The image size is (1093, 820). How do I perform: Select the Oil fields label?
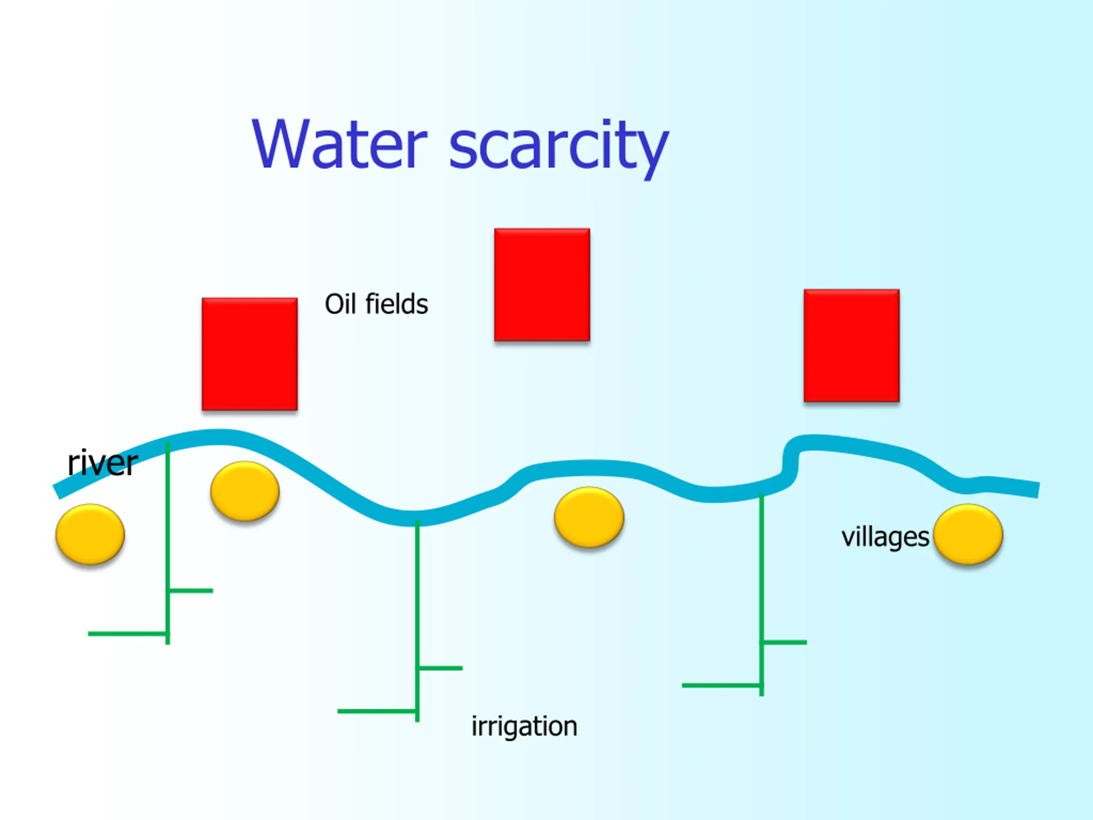pos(376,304)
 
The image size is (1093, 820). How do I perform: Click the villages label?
pos(885,537)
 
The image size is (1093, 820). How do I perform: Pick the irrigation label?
pos(524,726)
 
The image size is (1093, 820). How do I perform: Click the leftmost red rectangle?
pos(249,354)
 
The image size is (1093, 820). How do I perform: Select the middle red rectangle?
pos(542,284)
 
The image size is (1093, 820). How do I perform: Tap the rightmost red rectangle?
pos(851,346)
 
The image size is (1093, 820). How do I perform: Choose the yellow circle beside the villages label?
pos(968,534)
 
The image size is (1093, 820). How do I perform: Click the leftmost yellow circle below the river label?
pos(90,534)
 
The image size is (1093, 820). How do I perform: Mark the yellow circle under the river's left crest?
pos(245,491)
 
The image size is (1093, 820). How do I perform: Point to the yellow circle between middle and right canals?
pos(589,517)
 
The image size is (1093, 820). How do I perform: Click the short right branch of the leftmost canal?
pos(191,591)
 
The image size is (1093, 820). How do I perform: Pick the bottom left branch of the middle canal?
pos(377,711)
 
